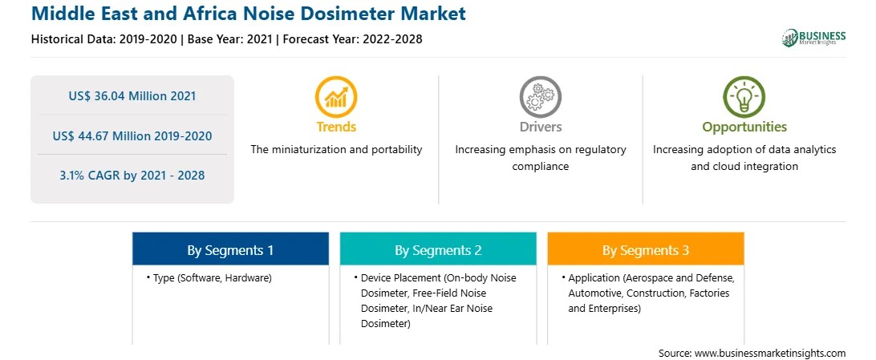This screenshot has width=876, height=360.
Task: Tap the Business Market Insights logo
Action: (813, 38)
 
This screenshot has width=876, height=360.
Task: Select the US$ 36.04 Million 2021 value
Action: (132, 96)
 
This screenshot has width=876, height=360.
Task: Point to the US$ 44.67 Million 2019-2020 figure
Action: (132, 136)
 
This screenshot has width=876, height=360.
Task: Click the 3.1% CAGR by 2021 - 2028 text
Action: (132, 176)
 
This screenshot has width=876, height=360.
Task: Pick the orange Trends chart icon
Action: (336, 97)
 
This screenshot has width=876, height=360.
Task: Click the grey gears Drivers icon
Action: (540, 97)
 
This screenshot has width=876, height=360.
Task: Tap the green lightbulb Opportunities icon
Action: (744, 97)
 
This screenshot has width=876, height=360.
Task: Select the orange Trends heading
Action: (336, 127)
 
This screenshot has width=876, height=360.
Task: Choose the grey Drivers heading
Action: (540, 127)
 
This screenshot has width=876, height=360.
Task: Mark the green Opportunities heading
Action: (744, 127)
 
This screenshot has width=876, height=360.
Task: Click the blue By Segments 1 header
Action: (231, 251)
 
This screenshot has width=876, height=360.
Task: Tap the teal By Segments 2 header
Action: (438, 251)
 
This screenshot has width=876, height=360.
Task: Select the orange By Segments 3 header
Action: (646, 251)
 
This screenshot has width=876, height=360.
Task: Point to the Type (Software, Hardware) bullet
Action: (209, 277)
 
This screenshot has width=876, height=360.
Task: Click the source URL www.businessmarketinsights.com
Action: (770, 354)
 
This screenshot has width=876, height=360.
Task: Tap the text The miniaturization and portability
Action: (336, 150)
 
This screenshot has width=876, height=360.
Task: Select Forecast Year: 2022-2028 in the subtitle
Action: (351, 39)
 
